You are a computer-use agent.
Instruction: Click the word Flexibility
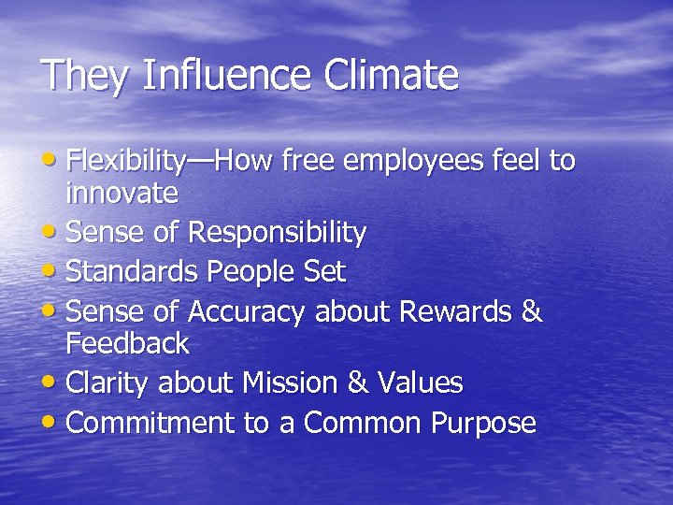(x=125, y=161)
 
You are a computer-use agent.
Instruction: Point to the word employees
(x=429, y=161)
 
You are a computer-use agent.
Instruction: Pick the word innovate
(x=122, y=194)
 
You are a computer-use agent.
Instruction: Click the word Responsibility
(x=277, y=232)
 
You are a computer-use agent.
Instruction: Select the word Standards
(x=133, y=272)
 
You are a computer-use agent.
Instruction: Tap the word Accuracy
(x=247, y=311)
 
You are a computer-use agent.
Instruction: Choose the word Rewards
(x=456, y=311)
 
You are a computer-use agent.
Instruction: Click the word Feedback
(x=127, y=344)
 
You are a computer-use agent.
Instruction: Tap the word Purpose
(x=483, y=423)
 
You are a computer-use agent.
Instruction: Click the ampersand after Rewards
(x=532, y=311)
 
